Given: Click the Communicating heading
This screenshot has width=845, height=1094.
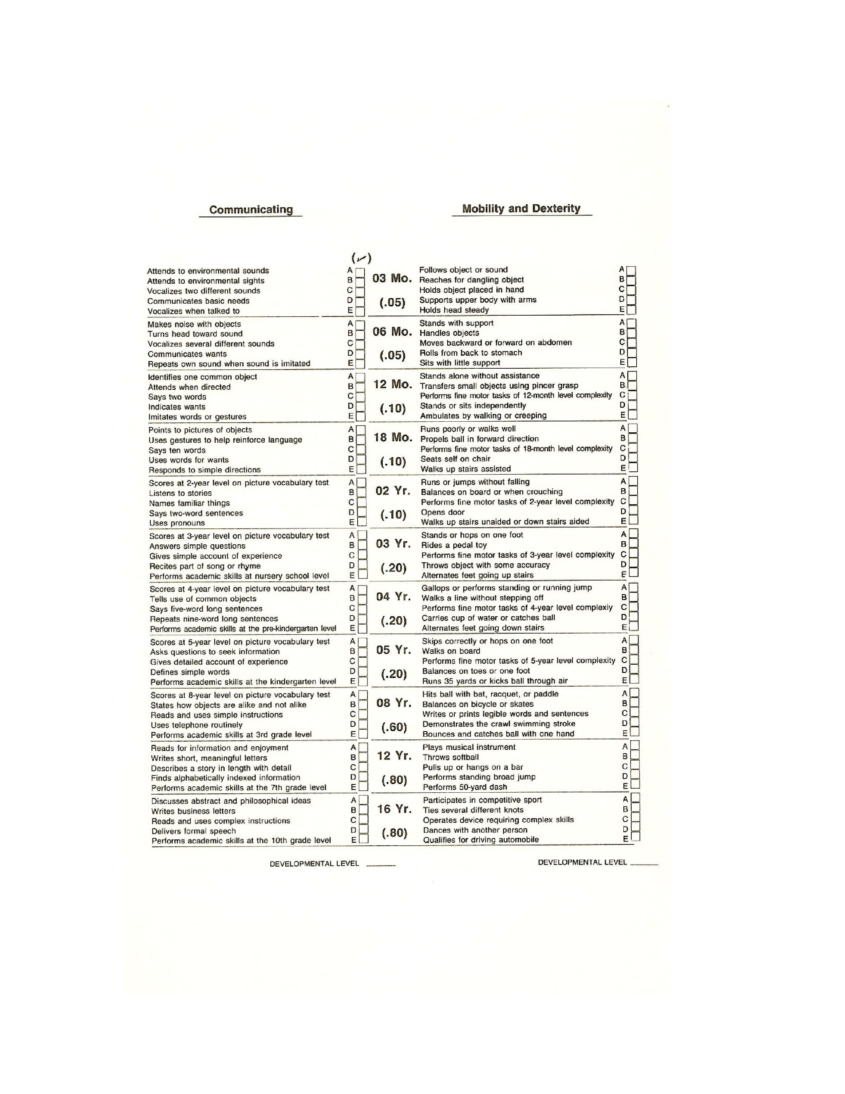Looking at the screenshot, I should click(251, 210).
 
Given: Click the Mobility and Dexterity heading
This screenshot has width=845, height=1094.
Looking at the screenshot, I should click(521, 209).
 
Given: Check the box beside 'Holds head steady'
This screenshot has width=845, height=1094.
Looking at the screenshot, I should click(631, 310).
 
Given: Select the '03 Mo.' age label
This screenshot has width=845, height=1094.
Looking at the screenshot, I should click(392, 278).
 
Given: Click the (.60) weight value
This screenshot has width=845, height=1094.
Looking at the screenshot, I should click(394, 727).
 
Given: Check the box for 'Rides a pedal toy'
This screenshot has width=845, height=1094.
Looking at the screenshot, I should click(633, 544).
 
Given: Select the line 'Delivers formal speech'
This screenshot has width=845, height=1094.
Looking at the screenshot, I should click(194, 831).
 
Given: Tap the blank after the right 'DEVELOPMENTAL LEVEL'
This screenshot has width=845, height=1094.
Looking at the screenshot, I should click(644, 863).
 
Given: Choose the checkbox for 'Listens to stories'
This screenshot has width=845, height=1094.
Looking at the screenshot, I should click(362, 492).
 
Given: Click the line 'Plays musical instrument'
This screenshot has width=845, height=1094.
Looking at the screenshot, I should click(469, 747).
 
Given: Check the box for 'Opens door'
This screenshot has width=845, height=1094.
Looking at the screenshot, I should click(633, 512).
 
